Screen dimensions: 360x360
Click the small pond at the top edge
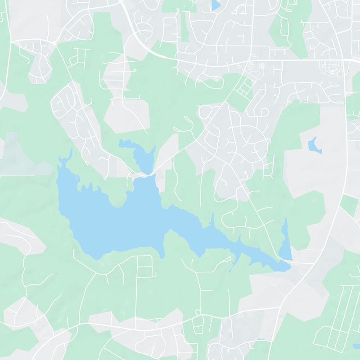pyautogui.click(x=216, y=4)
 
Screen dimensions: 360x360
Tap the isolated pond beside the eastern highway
pyautogui.click(x=313, y=145)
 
